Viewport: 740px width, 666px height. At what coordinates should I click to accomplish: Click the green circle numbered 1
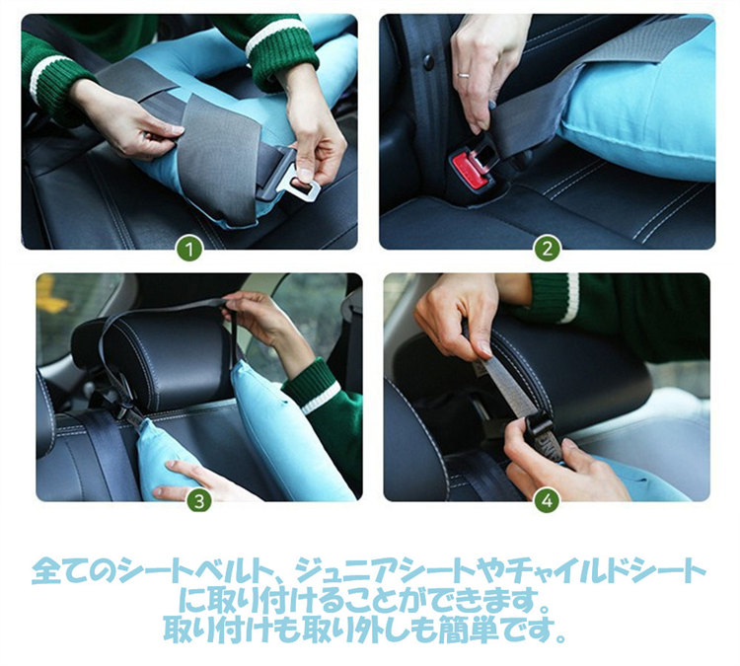point(189,250)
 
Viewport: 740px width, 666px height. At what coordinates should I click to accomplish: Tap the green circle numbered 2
point(547,249)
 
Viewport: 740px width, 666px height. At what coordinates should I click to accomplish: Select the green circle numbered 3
point(199,501)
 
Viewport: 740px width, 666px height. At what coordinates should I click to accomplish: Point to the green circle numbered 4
point(547,501)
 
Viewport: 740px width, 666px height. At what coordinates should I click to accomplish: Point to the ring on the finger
point(464,74)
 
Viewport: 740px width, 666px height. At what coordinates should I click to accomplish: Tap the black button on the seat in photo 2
point(428,61)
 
